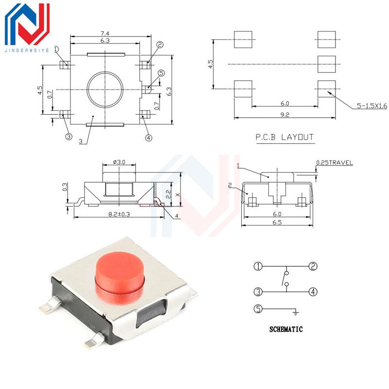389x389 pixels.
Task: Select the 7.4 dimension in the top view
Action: tap(105, 33)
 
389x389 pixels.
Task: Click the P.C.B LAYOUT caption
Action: tap(285, 138)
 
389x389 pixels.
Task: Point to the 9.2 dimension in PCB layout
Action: tap(285, 115)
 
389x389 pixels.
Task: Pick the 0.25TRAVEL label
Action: tap(335, 163)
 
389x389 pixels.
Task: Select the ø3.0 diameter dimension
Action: tap(120, 162)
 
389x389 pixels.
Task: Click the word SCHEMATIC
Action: tap(286, 329)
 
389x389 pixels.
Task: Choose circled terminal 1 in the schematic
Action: tap(258, 266)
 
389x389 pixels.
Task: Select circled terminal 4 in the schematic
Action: tap(313, 292)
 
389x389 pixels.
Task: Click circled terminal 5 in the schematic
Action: tap(258, 309)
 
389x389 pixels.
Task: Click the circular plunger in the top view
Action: tap(105, 89)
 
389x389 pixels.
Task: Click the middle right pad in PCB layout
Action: tap(326, 64)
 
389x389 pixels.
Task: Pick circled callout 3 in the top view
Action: tap(69, 137)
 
